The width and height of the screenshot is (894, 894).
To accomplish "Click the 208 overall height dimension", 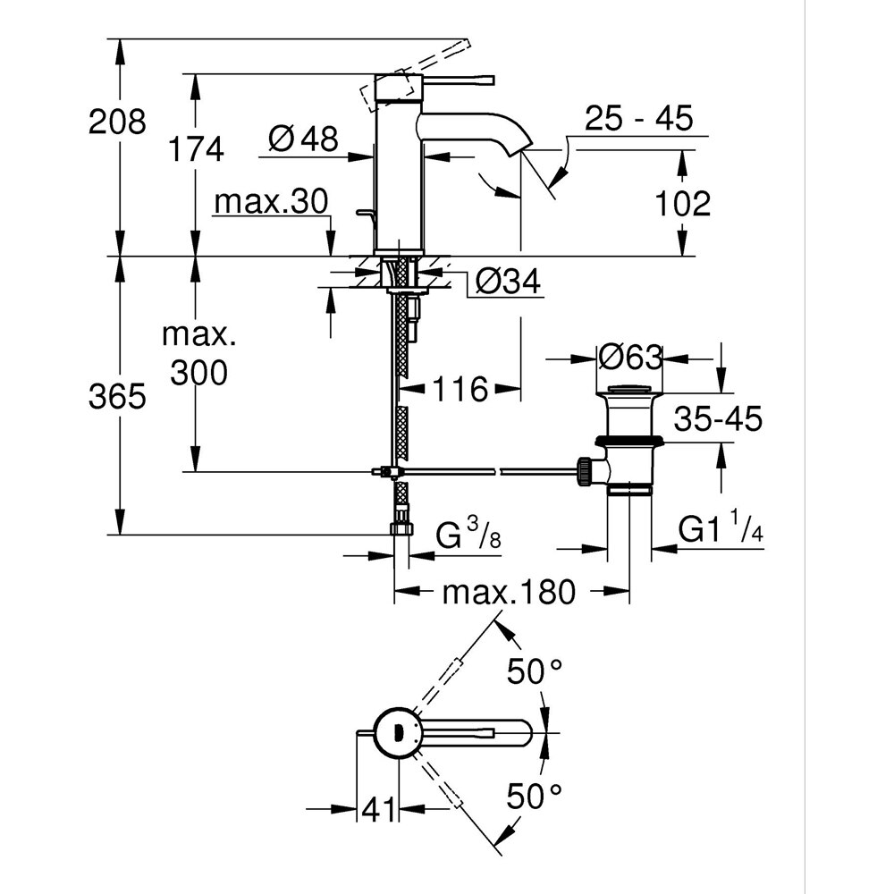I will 116,121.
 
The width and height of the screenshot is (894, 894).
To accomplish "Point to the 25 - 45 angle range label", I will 639,119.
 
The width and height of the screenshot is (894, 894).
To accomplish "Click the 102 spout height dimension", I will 682,204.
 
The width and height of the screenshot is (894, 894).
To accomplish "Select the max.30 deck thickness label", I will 272,202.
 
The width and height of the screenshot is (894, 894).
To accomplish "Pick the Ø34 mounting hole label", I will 507,283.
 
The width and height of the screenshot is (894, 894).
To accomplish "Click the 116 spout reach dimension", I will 461,389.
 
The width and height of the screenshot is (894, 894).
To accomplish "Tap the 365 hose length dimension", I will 116,395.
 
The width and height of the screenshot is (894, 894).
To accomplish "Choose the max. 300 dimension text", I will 198,355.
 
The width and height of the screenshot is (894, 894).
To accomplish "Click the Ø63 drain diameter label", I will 630,358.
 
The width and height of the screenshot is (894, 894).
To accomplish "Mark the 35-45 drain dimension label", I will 718,418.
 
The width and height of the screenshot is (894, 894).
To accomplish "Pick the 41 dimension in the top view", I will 377,810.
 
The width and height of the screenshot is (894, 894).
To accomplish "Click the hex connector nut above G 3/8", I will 402,527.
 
